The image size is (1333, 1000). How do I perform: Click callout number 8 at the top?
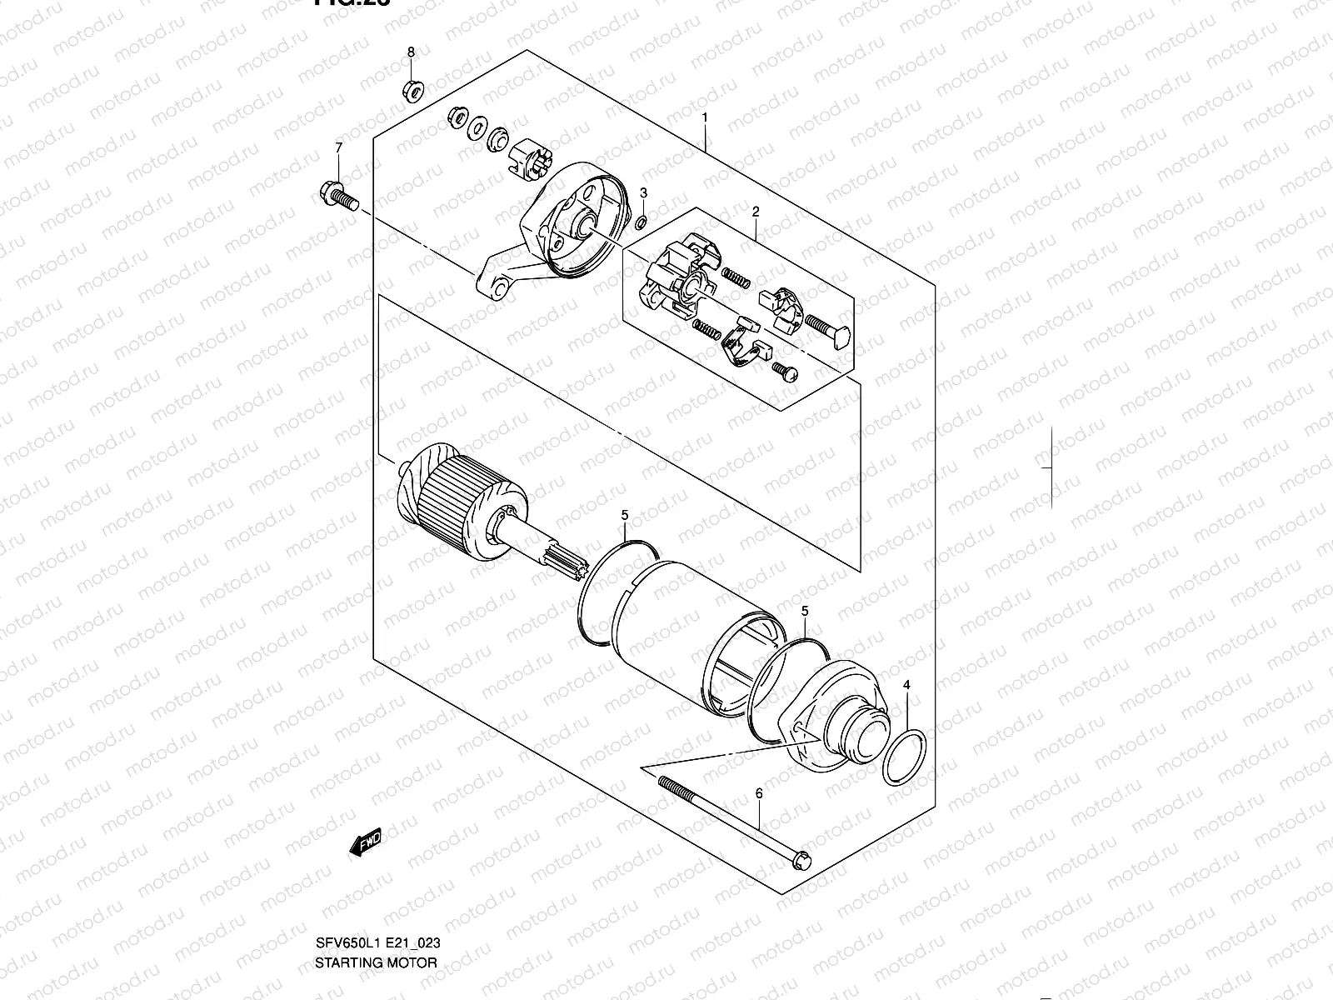(411, 52)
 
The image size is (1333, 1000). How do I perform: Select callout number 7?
(339, 147)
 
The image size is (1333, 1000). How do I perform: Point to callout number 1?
(704, 117)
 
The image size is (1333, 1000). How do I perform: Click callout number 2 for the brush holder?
(756, 212)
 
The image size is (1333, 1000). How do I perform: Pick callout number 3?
(643, 193)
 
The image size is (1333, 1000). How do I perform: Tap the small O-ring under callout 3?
(641, 223)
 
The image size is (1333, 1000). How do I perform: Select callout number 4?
(908, 685)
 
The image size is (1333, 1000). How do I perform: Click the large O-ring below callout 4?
(905, 757)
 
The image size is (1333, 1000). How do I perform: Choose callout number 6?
(758, 794)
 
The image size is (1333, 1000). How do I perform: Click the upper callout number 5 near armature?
(625, 516)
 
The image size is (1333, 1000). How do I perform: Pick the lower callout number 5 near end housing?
(804, 611)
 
